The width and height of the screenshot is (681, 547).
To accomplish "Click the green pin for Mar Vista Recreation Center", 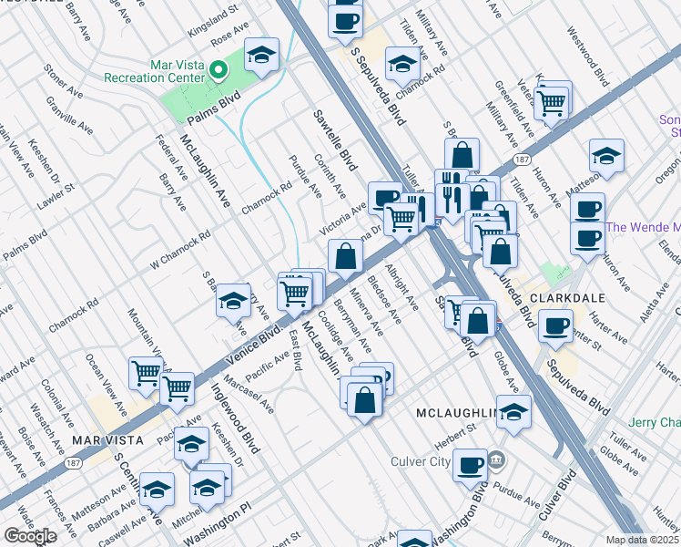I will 218,69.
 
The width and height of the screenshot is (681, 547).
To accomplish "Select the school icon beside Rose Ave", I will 261,56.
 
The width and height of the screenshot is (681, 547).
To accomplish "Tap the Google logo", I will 29,536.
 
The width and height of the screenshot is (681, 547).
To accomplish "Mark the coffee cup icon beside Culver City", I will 470,465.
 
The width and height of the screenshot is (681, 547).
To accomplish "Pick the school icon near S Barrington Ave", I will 234,300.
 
